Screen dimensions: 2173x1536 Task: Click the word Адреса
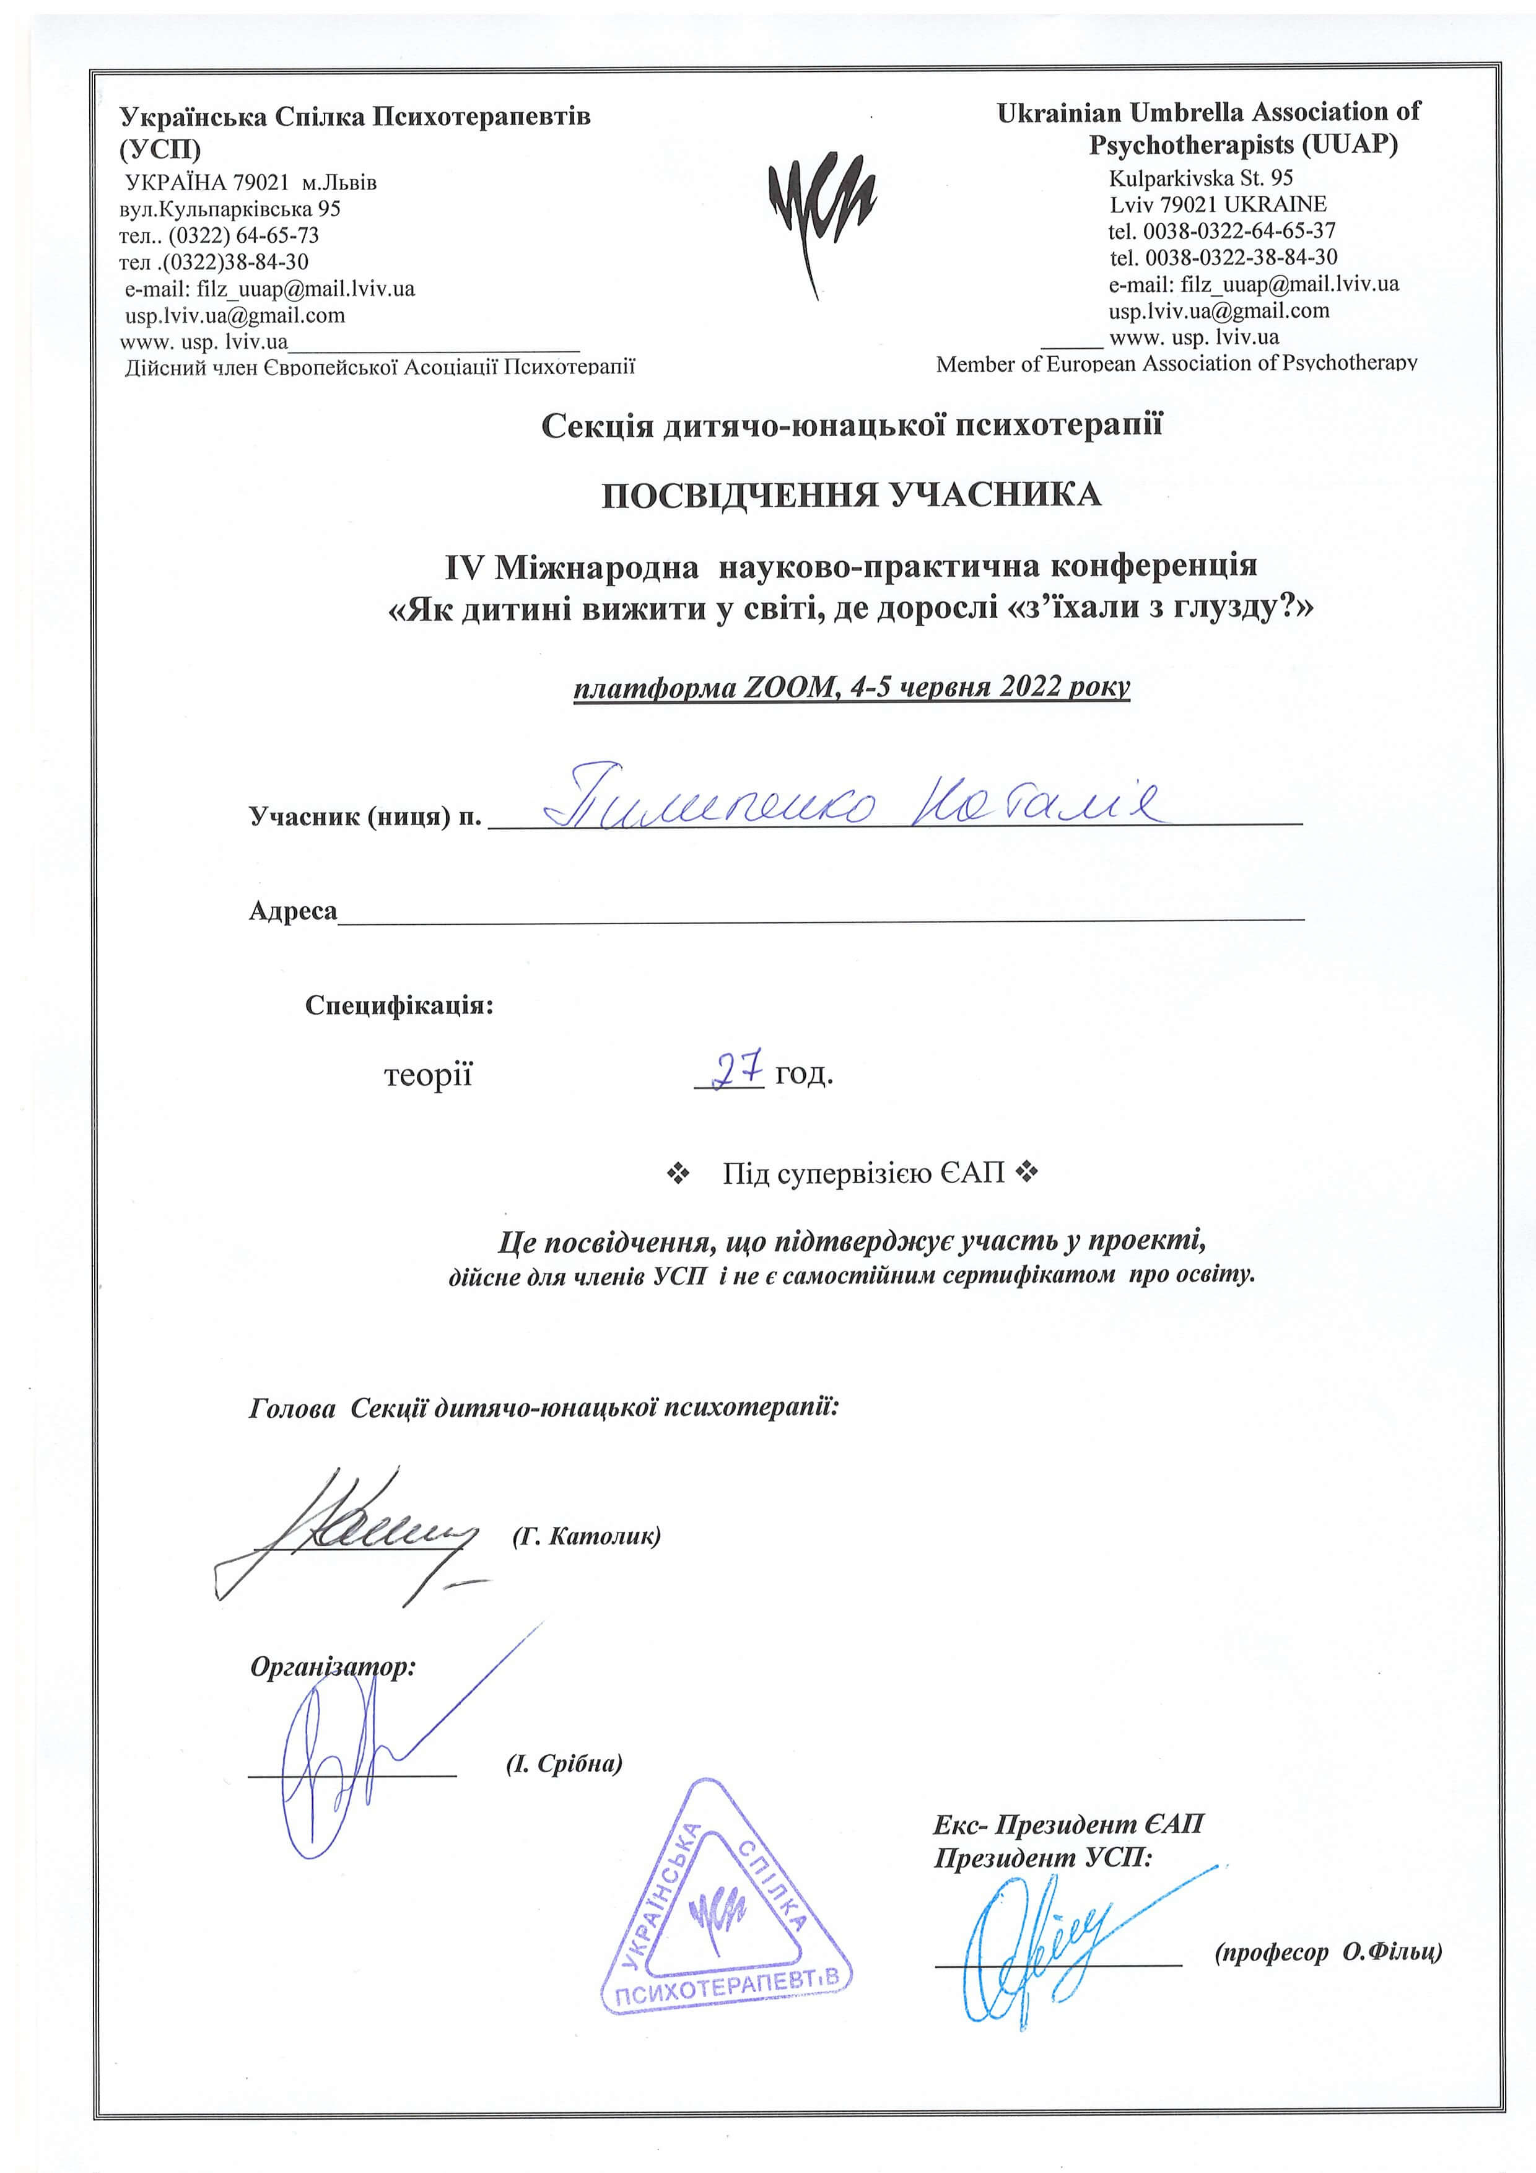coord(292,911)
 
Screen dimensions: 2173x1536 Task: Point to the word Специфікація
coord(398,1005)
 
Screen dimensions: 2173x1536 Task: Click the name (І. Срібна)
coord(564,1764)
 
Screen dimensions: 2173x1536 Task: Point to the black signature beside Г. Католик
coord(350,1533)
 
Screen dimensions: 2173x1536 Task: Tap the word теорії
coord(428,1076)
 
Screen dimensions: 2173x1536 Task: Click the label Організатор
coord(332,1667)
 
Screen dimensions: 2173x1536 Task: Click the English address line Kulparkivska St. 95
coord(1200,178)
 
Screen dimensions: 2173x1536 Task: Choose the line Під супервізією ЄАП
coord(863,1174)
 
